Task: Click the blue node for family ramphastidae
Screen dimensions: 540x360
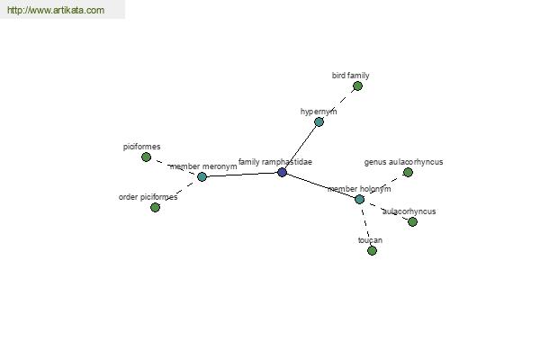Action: [282, 172]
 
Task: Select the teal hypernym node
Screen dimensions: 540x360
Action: [319, 121]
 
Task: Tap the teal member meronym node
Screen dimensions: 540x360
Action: [202, 176]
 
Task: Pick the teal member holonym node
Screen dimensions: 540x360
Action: [359, 199]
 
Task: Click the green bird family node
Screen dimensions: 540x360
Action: [357, 85]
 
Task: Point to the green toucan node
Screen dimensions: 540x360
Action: [372, 250]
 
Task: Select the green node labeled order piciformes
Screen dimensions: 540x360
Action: [155, 207]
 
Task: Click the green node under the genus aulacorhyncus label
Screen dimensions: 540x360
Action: [408, 172]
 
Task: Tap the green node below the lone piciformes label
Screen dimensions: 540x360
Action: [146, 157]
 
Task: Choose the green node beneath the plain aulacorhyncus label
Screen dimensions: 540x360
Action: [412, 221]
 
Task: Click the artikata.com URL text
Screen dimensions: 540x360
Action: [56, 10]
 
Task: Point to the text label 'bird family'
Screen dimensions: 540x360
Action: [351, 76]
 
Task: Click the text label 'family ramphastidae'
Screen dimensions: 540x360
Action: [275, 162]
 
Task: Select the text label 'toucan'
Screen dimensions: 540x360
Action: [370, 240]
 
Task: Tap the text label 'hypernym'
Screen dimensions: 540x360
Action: [319, 112]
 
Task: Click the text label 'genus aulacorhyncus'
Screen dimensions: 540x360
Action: [403, 162]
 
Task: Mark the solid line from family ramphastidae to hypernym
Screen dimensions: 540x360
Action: [301, 147]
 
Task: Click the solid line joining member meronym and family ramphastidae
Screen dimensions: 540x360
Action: [242, 175]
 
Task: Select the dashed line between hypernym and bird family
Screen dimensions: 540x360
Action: [338, 103]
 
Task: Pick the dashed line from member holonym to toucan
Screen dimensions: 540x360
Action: [365, 225]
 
